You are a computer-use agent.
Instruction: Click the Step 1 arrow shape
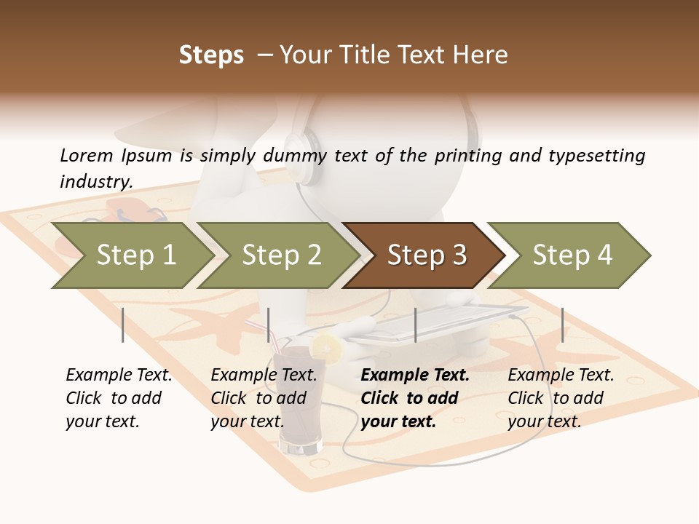pyautogui.click(x=135, y=255)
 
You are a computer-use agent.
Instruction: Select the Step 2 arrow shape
pyautogui.click(x=280, y=255)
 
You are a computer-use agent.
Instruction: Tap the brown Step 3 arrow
pyautogui.click(x=426, y=255)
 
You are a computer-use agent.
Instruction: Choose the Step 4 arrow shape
pyautogui.click(x=572, y=255)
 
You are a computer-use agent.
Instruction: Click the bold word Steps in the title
pyautogui.click(x=211, y=55)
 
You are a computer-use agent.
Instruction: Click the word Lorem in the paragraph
pyautogui.click(x=85, y=155)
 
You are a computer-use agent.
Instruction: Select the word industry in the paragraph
pyautogui.click(x=95, y=181)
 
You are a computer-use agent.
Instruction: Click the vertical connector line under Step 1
pyautogui.click(x=123, y=325)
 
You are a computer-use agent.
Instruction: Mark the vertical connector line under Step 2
pyautogui.click(x=269, y=325)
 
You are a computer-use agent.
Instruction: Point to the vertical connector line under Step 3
pyautogui.click(x=415, y=325)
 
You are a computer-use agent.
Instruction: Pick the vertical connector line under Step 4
pyautogui.click(x=562, y=325)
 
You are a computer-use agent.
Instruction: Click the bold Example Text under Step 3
pyautogui.click(x=415, y=376)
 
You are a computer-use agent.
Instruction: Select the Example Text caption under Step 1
pyautogui.click(x=119, y=376)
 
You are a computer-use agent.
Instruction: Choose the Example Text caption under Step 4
pyautogui.click(x=561, y=376)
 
